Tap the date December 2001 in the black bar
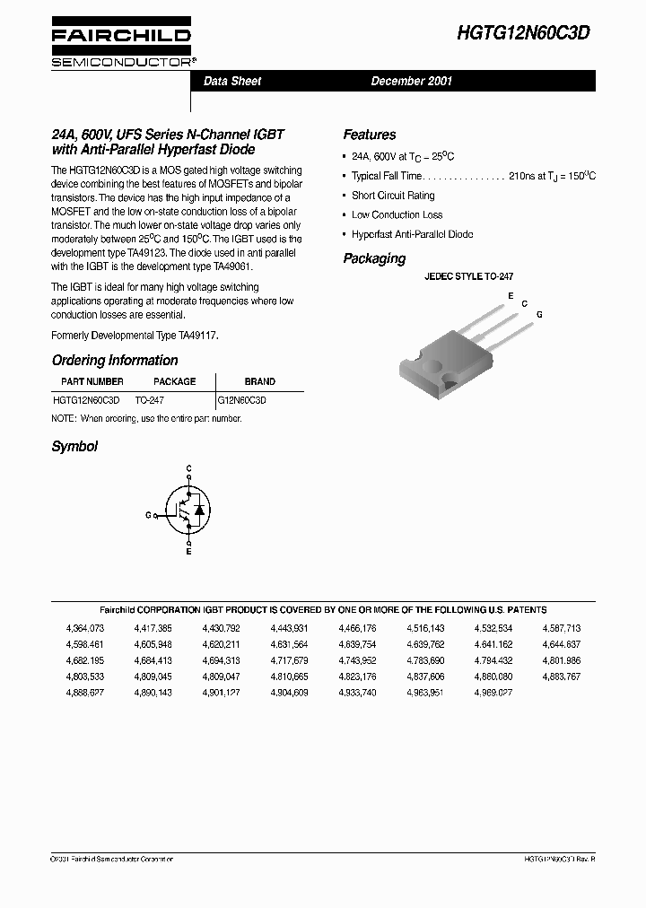click(412, 82)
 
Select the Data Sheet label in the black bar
click(232, 82)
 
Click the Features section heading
click(369, 135)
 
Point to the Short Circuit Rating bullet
click(393, 196)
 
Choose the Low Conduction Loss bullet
click(397, 215)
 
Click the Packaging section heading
click(374, 258)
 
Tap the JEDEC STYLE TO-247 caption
click(468, 278)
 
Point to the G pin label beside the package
click(539, 315)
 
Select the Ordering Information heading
click(115, 361)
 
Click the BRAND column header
click(260, 381)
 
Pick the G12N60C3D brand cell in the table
click(242, 401)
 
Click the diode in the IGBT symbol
click(200, 510)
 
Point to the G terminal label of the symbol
click(148, 515)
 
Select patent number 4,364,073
click(85, 628)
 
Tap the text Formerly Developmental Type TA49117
click(135, 335)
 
